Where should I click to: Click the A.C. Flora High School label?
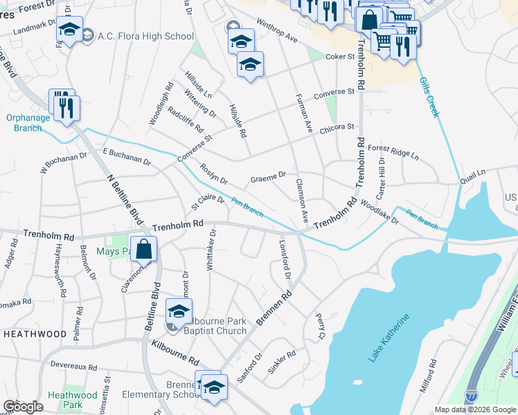[x=146, y=36]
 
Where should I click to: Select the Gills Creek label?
[x=429, y=97]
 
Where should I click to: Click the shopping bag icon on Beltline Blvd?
[x=143, y=249]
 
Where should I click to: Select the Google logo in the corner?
[x=23, y=407]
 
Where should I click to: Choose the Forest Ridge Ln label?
[x=393, y=152]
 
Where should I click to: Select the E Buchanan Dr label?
[x=126, y=156]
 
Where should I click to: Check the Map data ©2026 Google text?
[x=474, y=409]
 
